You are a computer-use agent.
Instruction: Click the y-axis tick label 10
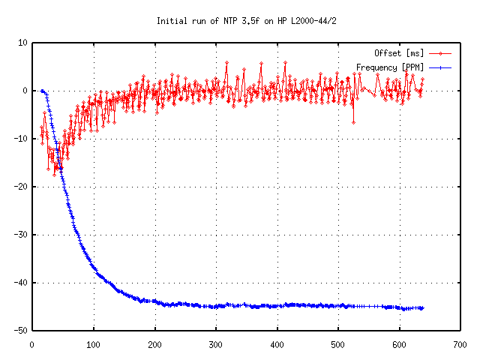click(22, 43)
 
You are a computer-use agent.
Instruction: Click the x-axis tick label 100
click(94, 345)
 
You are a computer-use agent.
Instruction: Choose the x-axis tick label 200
click(154, 345)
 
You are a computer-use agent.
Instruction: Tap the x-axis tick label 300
click(216, 345)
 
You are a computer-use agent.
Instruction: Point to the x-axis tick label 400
click(277, 345)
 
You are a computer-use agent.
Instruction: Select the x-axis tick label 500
click(338, 345)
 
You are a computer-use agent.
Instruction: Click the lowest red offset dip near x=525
click(353, 121)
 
